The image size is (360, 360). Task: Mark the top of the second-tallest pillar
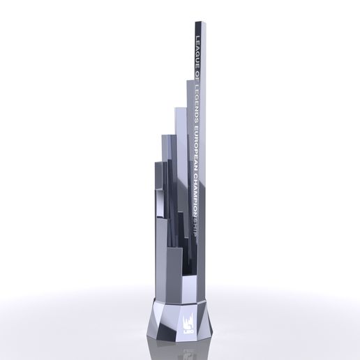point(188,81)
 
